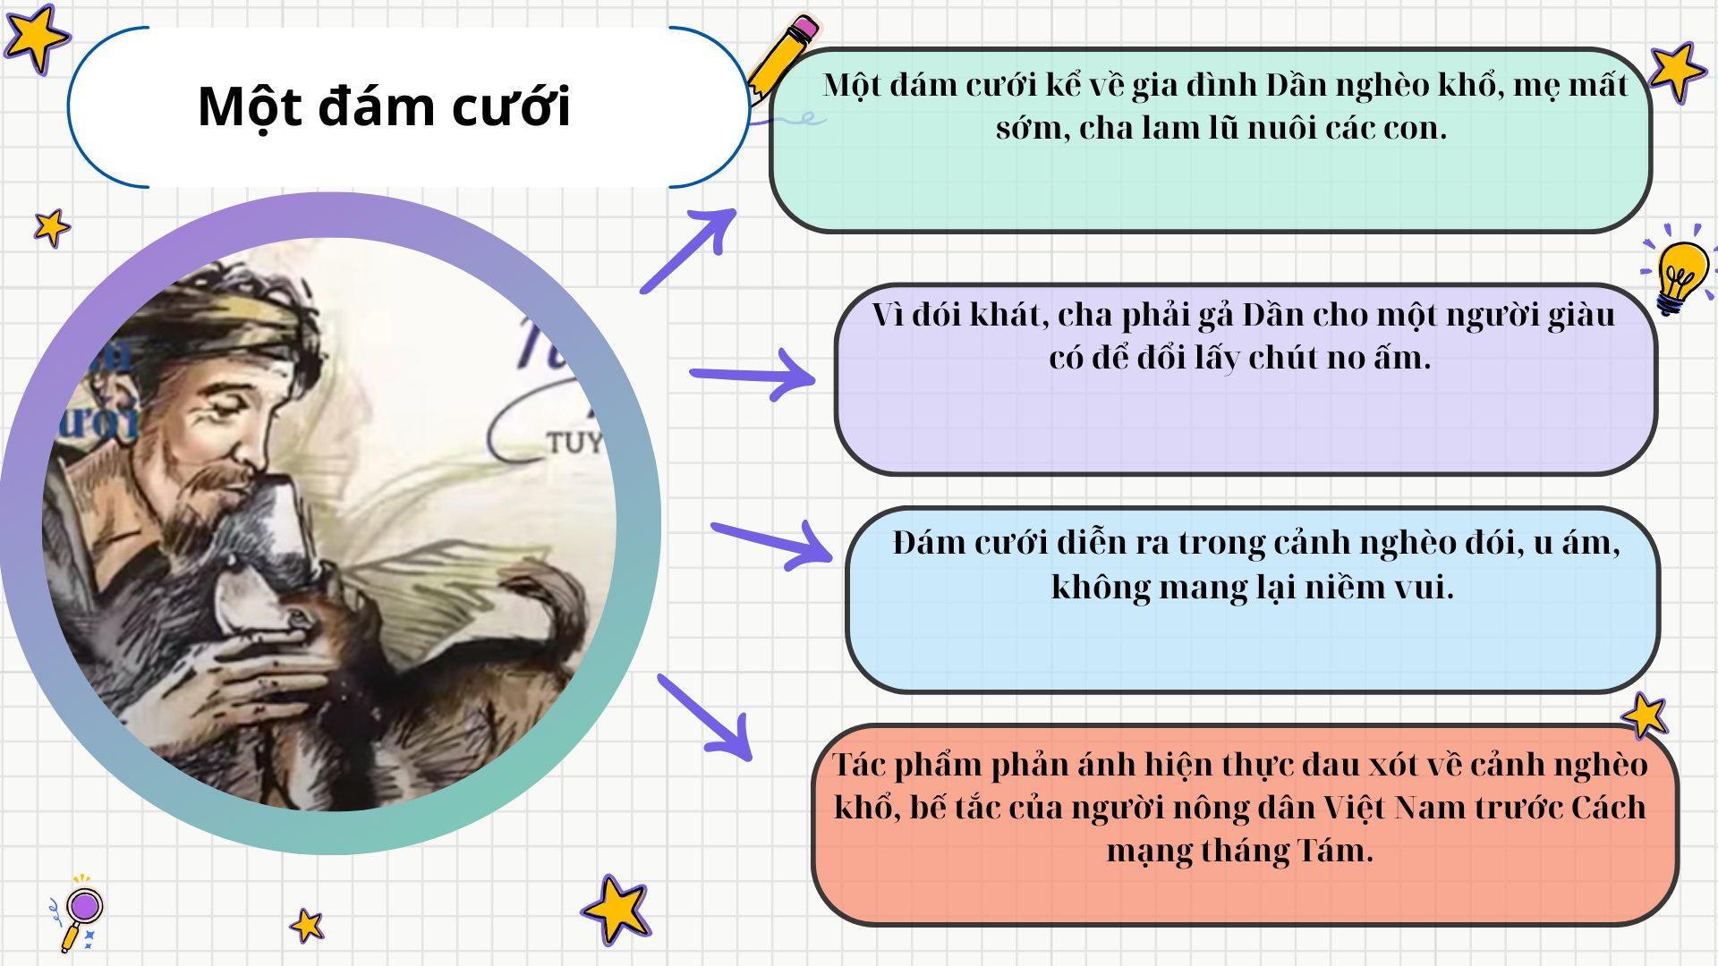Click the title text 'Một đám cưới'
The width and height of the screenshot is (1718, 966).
click(384, 107)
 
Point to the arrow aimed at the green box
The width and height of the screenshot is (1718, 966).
click(690, 250)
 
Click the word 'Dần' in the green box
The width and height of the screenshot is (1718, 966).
click(1297, 85)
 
